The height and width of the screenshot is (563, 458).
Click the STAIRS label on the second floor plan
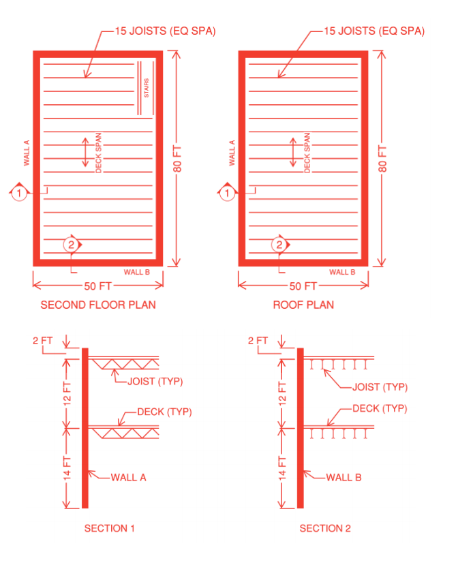coord(147,88)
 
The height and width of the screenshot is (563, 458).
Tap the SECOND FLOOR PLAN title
coord(98,305)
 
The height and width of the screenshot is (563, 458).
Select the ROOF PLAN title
coord(303,305)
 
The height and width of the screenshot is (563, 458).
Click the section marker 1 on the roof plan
coord(227,193)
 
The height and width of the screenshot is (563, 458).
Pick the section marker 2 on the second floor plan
coord(72,245)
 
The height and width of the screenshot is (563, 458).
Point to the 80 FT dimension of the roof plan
coord(382,159)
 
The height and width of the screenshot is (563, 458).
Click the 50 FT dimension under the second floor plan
coord(97,286)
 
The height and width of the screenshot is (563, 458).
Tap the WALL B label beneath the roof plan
coord(342,272)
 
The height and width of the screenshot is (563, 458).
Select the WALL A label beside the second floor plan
coord(27,153)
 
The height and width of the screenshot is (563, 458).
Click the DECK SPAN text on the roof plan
coord(307,153)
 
